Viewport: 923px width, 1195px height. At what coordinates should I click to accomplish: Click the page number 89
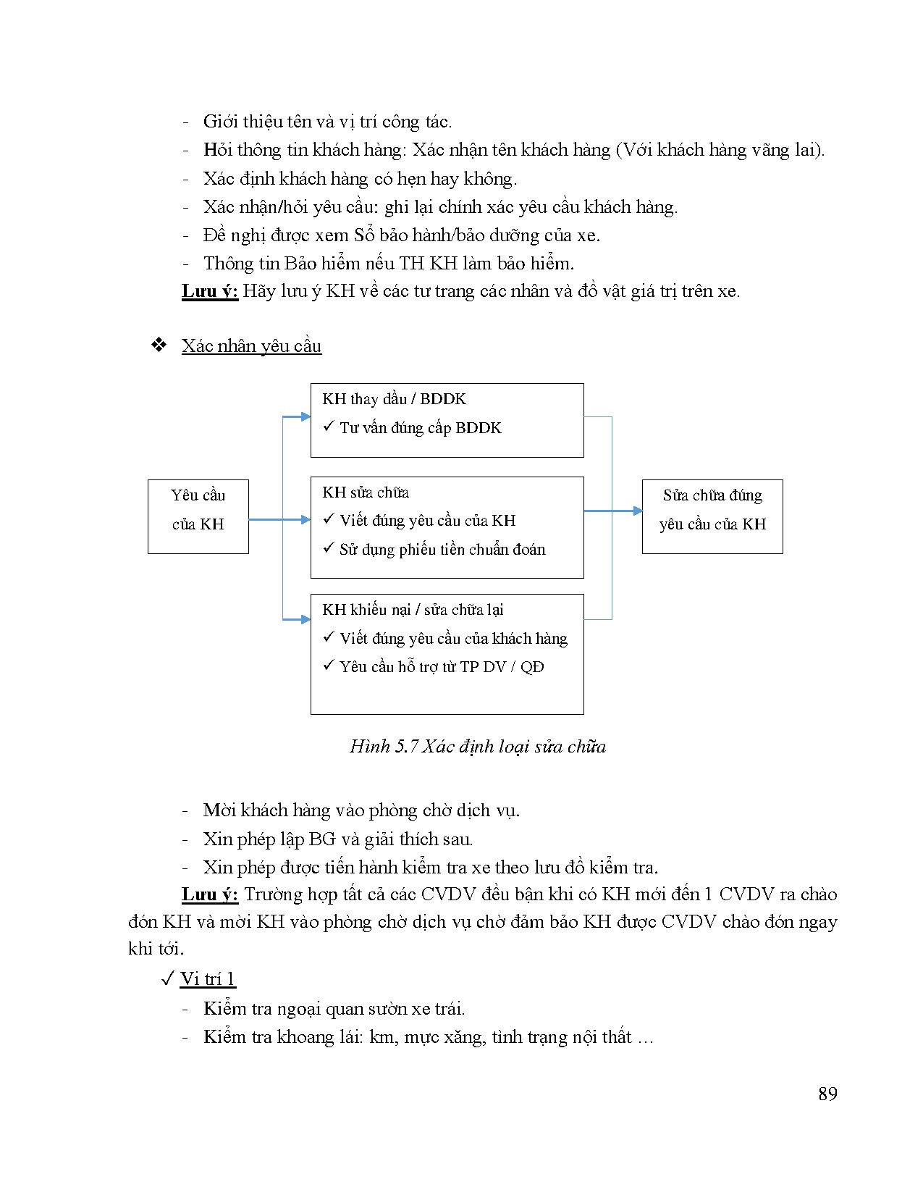(827, 1094)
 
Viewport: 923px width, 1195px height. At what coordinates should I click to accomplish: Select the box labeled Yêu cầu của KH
(198, 516)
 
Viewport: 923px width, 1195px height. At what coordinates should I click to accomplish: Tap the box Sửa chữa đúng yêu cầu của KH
(712, 516)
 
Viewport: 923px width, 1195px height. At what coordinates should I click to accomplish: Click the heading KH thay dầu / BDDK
(394, 399)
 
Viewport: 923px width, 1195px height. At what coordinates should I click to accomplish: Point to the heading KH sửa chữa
(366, 492)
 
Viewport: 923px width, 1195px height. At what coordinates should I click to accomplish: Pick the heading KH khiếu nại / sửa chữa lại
(413, 610)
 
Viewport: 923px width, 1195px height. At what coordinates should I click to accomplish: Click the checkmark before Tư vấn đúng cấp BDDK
(328, 427)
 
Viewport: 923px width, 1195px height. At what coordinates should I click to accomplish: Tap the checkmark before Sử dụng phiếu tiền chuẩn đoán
(328, 548)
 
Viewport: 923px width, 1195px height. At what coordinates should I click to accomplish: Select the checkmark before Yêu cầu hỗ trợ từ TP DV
(328, 666)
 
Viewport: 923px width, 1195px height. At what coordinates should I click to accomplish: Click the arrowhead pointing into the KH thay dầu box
(305, 416)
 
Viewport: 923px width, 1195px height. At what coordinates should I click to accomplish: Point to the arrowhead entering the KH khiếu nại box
(305, 619)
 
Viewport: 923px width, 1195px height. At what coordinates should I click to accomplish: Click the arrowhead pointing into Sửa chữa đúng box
(637, 511)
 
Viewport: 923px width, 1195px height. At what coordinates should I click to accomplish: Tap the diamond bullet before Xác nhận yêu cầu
(159, 345)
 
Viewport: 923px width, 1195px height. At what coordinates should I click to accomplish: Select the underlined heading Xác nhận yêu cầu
(251, 346)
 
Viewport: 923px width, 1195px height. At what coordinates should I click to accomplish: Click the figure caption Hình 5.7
(477, 747)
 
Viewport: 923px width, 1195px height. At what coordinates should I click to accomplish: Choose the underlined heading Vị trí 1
(208, 979)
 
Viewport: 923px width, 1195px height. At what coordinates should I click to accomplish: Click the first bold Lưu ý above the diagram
(209, 292)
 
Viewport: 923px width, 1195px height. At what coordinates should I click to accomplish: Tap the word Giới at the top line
(220, 122)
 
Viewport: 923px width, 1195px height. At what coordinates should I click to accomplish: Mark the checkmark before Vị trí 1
(167, 979)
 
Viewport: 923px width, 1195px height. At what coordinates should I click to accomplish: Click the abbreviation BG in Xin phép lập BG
(321, 839)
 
